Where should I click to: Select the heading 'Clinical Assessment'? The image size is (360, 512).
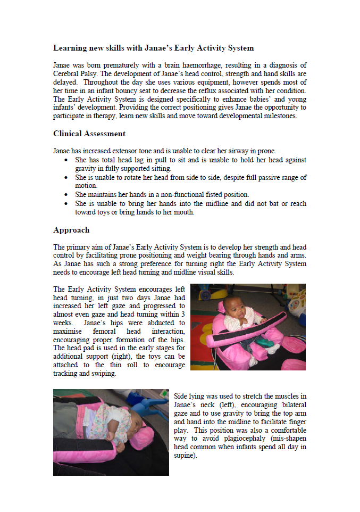click(x=89, y=134)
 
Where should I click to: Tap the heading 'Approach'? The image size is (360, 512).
click(x=71, y=230)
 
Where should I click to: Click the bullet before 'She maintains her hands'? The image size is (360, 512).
click(x=65, y=195)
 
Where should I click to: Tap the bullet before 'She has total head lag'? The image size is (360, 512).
click(x=65, y=160)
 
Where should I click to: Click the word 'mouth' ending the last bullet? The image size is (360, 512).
click(x=183, y=212)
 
